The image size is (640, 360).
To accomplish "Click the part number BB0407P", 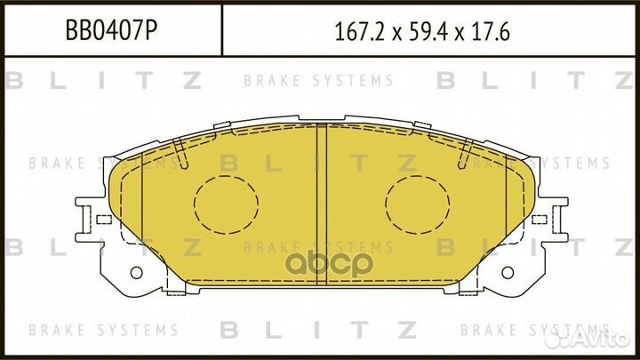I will point(112,32).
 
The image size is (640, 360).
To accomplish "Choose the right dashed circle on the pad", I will point(414,204).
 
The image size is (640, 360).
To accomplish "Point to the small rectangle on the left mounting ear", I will point(104,219).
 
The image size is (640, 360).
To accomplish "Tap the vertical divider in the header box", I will point(220,32).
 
